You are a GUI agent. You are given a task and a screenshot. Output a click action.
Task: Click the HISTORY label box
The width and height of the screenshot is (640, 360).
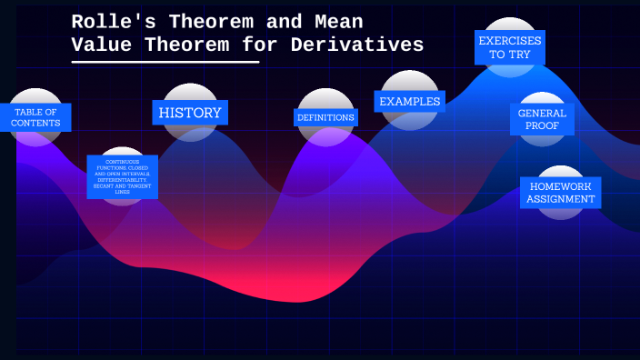click(x=190, y=113)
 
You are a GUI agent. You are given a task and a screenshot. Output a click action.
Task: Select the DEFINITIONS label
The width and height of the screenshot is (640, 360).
click(x=326, y=117)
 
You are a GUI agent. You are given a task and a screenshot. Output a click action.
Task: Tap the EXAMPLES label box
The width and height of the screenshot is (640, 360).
click(x=409, y=101)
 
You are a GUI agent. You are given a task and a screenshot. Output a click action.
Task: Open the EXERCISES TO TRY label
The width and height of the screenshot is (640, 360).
click(x=510, y=48)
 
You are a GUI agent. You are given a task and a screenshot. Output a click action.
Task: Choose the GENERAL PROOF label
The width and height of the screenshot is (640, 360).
click(x=542, y=119)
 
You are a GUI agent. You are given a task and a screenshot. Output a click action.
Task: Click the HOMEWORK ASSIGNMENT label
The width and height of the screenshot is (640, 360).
click(x=561, y=192)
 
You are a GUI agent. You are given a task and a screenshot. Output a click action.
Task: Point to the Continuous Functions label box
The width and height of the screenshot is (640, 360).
click(x=123, y=176)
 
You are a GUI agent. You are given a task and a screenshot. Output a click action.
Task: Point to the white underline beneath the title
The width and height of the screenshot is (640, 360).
click(x=165, y=62)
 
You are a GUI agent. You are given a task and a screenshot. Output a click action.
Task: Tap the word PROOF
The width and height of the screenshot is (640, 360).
click(x=542, y=125)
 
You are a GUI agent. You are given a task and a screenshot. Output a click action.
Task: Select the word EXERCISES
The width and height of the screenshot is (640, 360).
click(x=510, y=41)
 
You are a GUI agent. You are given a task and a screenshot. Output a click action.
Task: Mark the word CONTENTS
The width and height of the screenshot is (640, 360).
click(x=36, y=123)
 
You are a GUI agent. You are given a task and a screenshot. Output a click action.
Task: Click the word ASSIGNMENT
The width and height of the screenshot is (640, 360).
click(x=561, y=199)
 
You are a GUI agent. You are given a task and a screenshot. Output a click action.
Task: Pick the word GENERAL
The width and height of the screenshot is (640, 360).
click(x=542, y=113)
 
